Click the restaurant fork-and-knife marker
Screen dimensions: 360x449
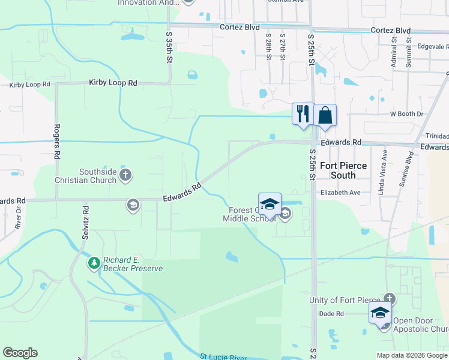click(303, 113)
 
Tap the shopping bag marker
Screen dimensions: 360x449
click(325, 115)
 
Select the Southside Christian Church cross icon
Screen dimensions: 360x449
click(125, 175)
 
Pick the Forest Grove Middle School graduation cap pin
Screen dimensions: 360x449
click(270, 203)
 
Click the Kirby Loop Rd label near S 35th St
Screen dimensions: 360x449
click(113, 83)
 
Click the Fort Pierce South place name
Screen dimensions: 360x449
click(346, 170)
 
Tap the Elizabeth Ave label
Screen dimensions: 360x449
click(340, 193)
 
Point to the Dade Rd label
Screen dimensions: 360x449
click(331, 314)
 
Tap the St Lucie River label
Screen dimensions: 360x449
click(223, 357)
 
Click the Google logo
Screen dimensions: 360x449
click(20, 353)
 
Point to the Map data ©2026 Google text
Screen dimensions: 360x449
click(411, 355)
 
